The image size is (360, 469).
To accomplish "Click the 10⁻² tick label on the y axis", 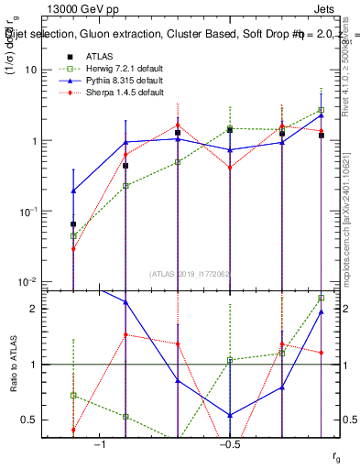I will [33, 282].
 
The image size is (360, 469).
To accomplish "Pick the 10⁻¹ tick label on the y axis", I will [33, 212].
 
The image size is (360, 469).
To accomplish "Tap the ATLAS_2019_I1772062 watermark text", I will [191, 273].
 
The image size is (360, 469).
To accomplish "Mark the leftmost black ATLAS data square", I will [73, 224].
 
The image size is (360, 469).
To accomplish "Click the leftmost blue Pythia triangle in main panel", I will [73, 191].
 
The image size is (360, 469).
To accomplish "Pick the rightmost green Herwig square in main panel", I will [322, 110].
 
